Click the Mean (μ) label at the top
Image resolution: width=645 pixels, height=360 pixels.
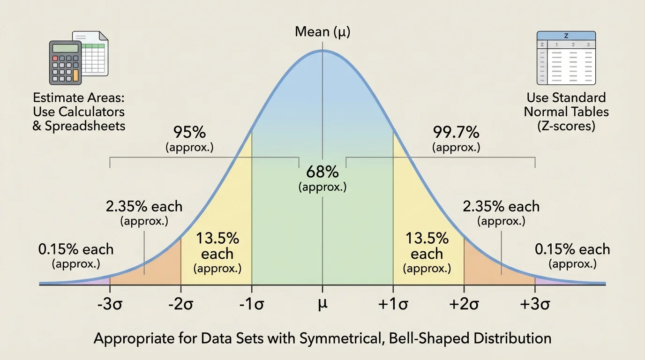click(322, 32)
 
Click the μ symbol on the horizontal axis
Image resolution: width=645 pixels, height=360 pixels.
click(322, 304)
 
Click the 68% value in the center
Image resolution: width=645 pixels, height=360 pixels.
click(322, 172)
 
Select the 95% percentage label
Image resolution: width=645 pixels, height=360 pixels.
click(189, 133)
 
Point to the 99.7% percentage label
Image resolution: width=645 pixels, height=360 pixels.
click(456, 133)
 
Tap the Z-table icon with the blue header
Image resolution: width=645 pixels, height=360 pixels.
click(566, 58)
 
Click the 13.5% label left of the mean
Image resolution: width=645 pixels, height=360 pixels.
click(217, 238)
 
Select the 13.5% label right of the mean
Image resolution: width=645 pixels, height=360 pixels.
click(427, 238)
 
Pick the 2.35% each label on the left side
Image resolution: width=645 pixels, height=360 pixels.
click(144, 206)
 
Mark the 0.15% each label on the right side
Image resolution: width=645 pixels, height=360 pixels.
click(572, 249)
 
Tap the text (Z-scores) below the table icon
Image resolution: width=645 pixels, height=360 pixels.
click(566, 126)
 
